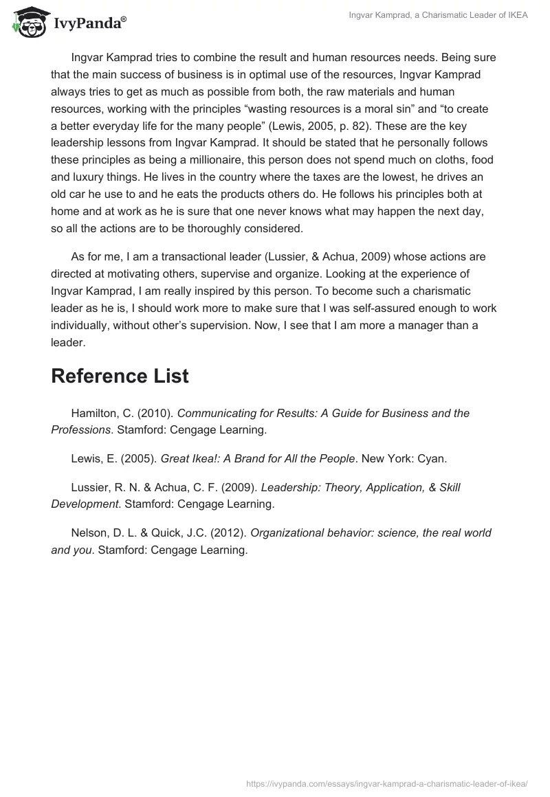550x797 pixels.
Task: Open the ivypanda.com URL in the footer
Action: click(387, 783)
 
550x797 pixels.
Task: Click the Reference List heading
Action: click(120, 376)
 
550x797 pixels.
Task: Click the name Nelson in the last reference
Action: click(88, 532)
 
